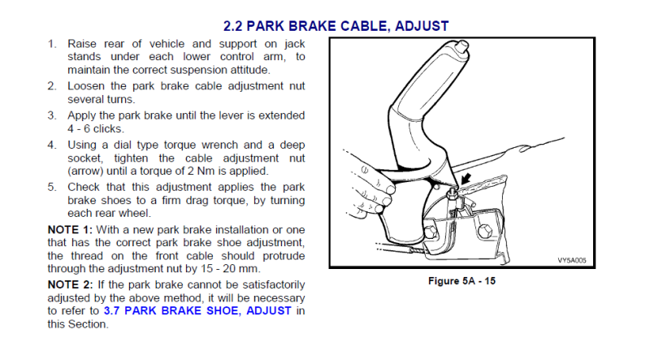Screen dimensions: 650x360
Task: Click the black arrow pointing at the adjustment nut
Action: (466, 179)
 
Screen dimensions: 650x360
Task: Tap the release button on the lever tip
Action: (463, 46)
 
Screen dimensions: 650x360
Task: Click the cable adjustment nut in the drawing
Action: (452, 193)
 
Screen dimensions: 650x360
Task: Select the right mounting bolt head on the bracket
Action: (484, 231)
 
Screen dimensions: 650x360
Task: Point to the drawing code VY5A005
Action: (572, 261)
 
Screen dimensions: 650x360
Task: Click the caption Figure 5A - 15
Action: (461, 281)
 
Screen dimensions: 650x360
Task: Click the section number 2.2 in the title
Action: (232, 26)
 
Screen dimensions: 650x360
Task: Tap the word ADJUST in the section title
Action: (422, 26)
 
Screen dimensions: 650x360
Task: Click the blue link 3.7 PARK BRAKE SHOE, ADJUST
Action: (197, 310)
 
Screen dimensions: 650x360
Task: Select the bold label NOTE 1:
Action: (70, 230)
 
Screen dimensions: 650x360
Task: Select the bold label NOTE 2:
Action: (70, 285)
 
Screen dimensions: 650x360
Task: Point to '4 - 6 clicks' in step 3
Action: (95, 129)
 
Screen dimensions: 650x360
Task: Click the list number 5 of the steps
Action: (51, 187)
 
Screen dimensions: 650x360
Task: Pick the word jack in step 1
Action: (295, 44)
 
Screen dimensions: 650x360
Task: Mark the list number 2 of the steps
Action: (51, 86)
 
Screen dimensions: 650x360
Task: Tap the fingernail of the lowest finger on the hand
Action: (379, 209)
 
